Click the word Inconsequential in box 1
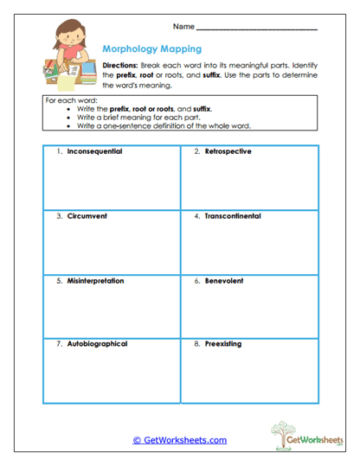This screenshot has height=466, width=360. tap(94, 151)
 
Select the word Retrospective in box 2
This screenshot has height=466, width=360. tap(228, 151)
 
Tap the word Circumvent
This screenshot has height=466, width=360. tap(87, 215)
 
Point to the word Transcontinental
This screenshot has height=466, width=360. tap(233, 215)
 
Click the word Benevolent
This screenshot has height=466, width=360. tap(223, 280)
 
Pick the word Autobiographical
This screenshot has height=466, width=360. tap(97, 343)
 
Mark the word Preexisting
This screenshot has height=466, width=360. tap(222, 343)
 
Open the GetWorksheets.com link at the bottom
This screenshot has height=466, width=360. tap(179, 440)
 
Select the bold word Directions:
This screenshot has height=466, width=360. tap(119, 66)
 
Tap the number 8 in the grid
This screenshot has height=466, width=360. tap(196, 343)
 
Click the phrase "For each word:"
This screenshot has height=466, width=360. tap(68, 101)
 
